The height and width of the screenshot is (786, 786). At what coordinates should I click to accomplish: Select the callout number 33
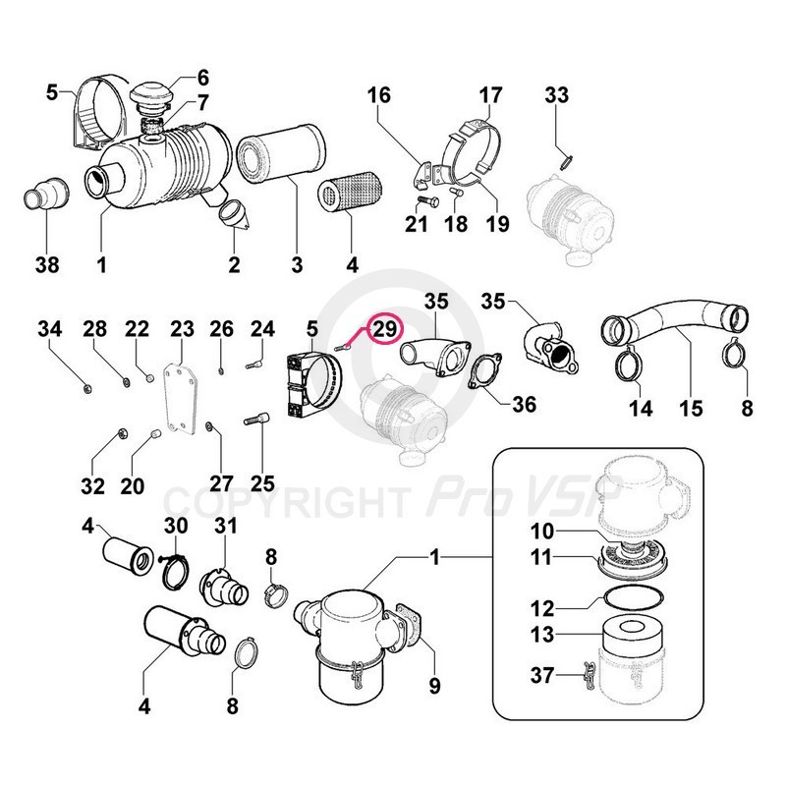coord(557,95)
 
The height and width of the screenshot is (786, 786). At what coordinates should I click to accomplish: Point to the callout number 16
coord(380,95)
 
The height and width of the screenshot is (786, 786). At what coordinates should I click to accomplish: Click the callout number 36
coord(527,404)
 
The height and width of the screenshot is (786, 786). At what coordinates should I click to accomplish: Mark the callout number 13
coord(543,636)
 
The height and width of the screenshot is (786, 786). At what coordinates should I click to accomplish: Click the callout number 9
coord(433,685)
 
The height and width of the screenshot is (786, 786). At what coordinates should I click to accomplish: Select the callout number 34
coord(49,327)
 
